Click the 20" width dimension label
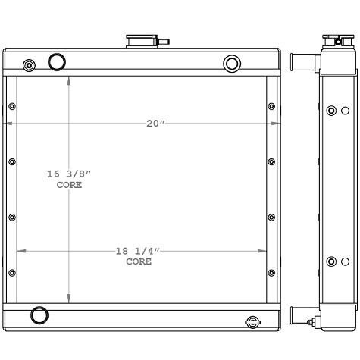[156, 124]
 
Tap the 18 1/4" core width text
[138, 251]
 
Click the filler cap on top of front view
[141, 39]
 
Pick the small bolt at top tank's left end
[30, 64]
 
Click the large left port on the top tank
[57, 62]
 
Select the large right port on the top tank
[233, 63]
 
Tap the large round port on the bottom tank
[38, 315]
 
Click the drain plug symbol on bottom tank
[251, 322]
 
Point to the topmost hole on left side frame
[11, 106]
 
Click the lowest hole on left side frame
[11, 272]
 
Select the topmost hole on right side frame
[271, 106]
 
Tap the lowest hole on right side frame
[271, 272]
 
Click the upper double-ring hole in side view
[331, 111]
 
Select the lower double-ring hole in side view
[331, 261]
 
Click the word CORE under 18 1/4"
[138, 261]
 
